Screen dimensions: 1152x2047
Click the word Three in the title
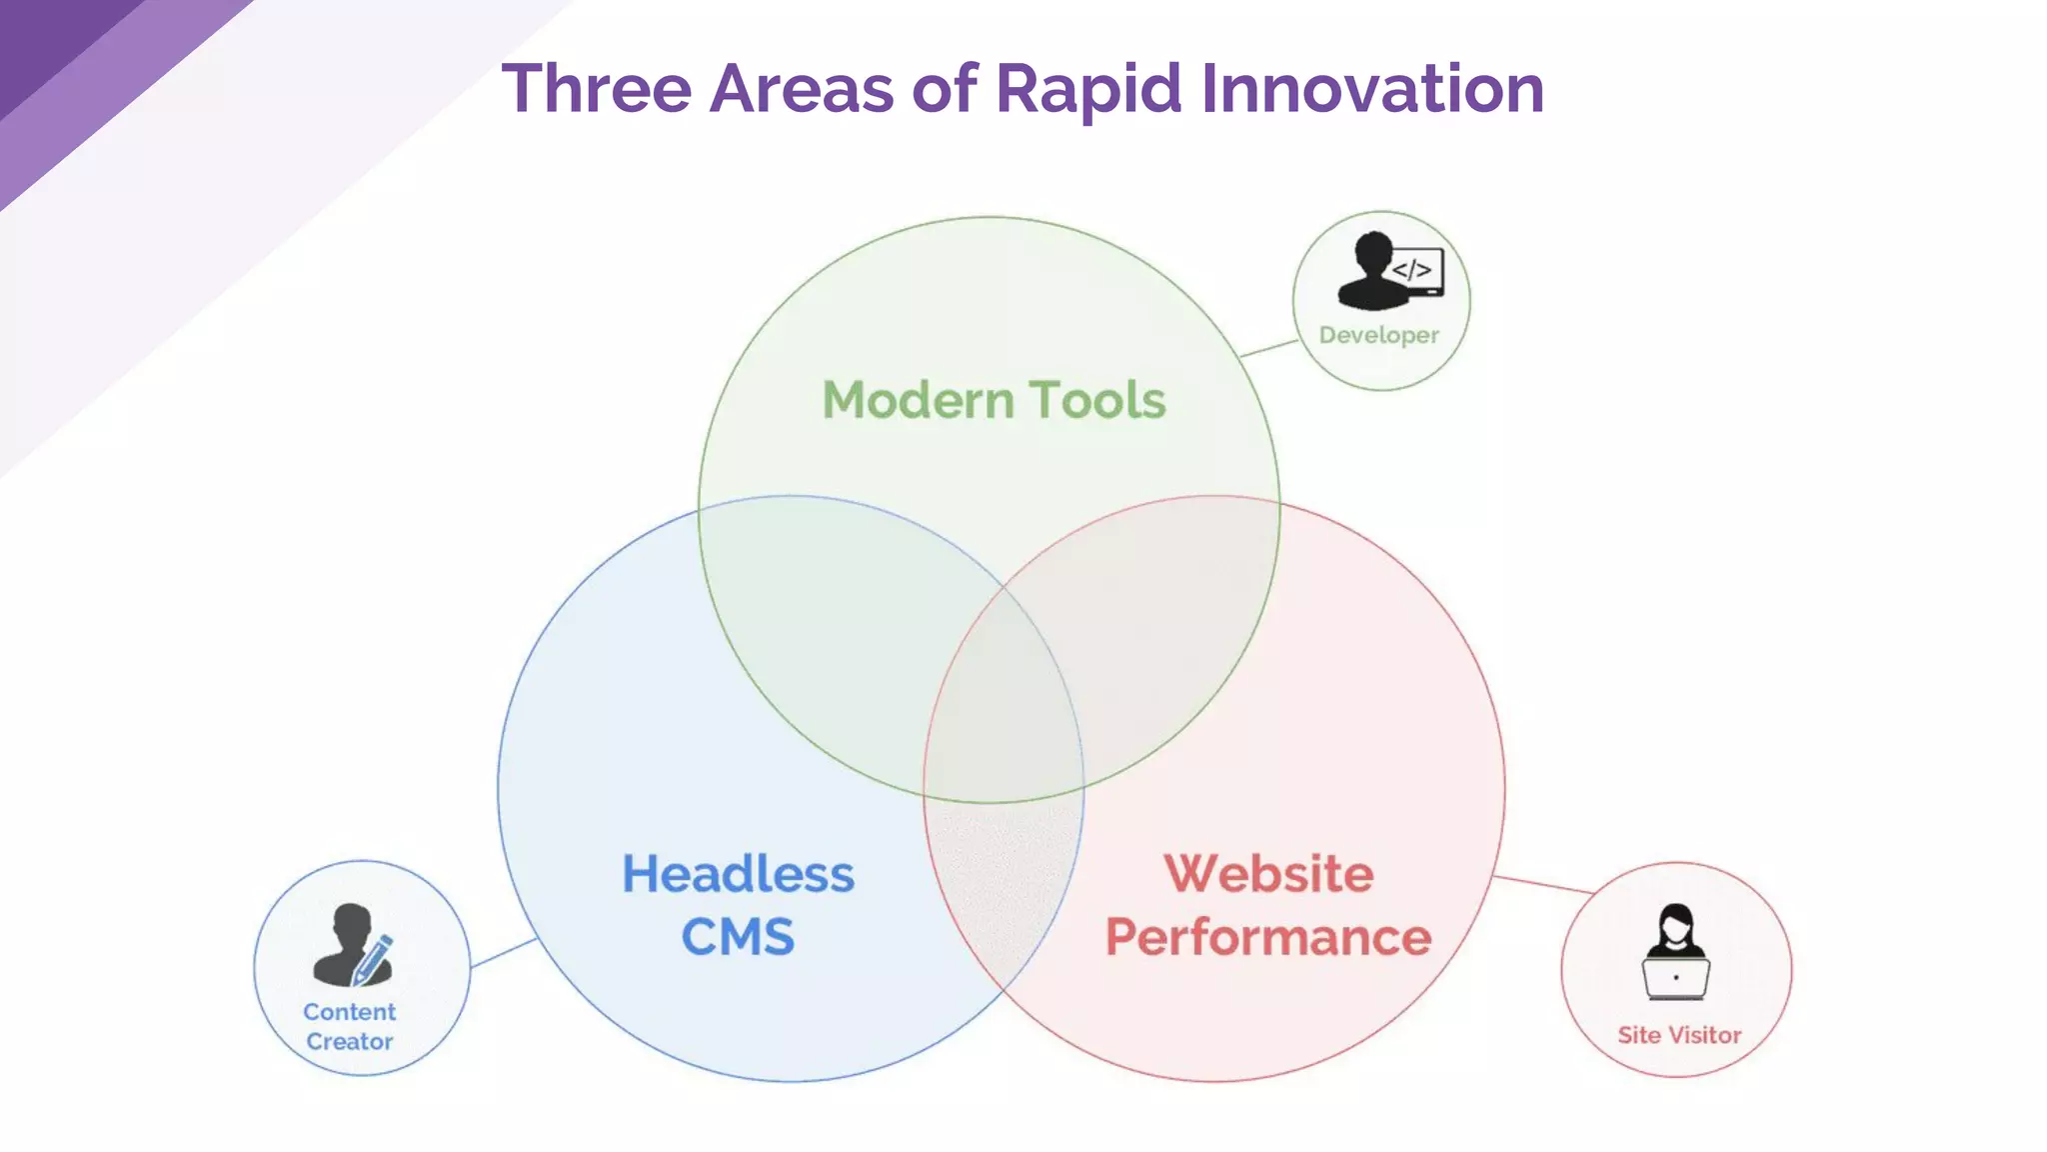pyautogui.click(x=596, y=89)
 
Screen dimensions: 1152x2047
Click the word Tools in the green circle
pyautogui.click(x=1097, y=400)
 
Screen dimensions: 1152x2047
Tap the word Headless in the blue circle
pyautogui.click(x=738, y=874)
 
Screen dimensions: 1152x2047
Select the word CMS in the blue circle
pyautogui.click(x=738, y=937)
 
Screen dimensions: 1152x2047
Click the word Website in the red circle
pyautogui.click(x=1268, y=874)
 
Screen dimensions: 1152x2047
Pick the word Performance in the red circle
pyautogui.click(x=1268, y=937)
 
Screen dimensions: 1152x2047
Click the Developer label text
pyautogui.click(x=1378, y=335)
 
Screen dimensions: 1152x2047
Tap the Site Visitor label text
pyautogui.click(x=1679, y=1035)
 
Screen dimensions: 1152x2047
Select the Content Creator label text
pyautogui.click(x=350, y=1026)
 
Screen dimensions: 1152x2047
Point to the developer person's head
pyautogui.click(x=1373, y=249)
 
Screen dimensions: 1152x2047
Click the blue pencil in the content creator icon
pyautogui.click(x=374, y=958)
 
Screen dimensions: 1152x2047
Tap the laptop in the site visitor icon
pyautogui.click(x=1676, y=978)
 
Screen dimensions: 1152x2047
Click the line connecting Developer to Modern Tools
pyautogui.click(x=1268, y=348)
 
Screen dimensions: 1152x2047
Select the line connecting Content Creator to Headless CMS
pyautogui.click(x=504, y=953)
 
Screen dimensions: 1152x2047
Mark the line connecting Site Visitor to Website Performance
pyautogui.click(x=1543, y=884)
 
